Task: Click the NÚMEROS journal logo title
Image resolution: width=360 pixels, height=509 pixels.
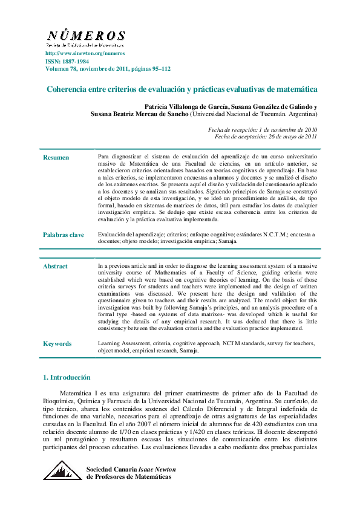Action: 86,36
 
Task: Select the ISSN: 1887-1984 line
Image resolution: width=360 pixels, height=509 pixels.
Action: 67,62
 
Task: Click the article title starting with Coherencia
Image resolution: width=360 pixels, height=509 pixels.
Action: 182,89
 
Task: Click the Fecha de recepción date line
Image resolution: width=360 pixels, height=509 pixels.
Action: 263,130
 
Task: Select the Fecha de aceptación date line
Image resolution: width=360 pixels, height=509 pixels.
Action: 266,137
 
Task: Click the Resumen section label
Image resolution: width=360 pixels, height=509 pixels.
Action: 56,158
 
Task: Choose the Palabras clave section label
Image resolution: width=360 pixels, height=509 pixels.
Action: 63,235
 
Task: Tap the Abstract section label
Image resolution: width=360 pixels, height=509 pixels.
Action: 55,267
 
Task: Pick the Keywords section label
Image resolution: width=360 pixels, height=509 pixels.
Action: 57,344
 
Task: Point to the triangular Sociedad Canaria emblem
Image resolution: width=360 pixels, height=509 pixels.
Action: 62,470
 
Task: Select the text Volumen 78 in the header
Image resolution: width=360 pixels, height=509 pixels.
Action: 64,69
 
